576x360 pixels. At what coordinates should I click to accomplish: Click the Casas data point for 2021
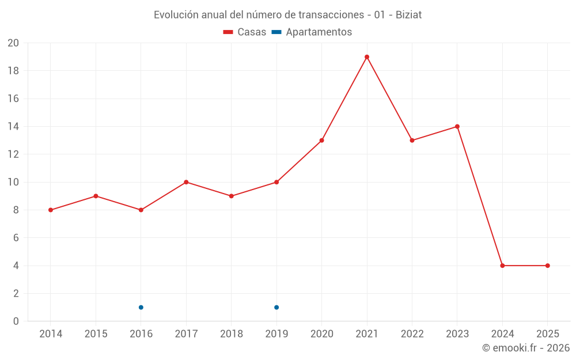pyautogui.click(x=367, y=57)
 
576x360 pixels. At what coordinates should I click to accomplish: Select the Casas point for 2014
pyautogui.click(x=51, y=210)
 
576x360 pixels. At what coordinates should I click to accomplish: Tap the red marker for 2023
pyautogui.click(x=457, y=127)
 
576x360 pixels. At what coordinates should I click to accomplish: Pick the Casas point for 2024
pyautogui.click(x=502, y=266)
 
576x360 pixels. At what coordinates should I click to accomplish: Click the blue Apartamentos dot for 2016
pyautogui.click(x=141, y=307)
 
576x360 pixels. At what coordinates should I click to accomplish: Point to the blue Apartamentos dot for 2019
pyautogui.click(x=276, y=307)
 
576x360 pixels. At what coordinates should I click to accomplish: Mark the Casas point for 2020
pyautogui.click(x=321, y=141)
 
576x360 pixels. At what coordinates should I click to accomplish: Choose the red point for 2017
pyautogui.click(x=186, y=182)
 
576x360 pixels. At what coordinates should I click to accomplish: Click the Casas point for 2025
pyautogui.click(x=547, y=266)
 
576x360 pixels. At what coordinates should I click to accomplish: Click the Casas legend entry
pyautogui.click(x=245, y=32)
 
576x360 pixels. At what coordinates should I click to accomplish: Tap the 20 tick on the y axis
pyautogui.click(x=13, y=43)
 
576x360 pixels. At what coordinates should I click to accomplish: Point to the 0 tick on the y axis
pyautogui.click(x=16, y=321)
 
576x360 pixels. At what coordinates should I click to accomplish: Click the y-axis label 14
pyautogui.click(x=13, y=127)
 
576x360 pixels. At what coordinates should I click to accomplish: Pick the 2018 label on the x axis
pyautogui.click(x=231, y=334)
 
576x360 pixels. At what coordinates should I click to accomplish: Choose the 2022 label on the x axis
pyautogui.click(x=412, y=334)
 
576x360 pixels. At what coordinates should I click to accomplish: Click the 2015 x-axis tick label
pyautogui.click(x=96, y=334)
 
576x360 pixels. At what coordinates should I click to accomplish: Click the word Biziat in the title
pyautogui.click(x=408, y=15)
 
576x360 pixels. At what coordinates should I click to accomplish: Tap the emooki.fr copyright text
pyautogui.click(x=526, y=348)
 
